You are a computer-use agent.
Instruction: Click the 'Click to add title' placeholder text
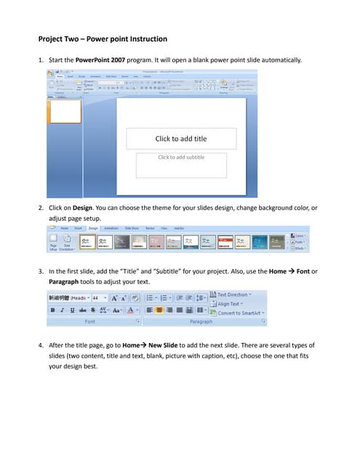pyautogui.click(x=181, y=139)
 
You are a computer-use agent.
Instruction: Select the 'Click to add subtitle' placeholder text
pyautogui.click(x=181, y=157)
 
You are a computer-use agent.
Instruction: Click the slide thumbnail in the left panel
pyautogui.click(x=65, y=111)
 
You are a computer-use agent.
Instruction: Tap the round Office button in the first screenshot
pyautogui.click(x=51, y=73)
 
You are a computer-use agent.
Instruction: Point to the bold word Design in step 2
pyautogui.click(x=82, y=209)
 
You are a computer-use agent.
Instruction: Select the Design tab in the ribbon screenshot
pyautogui.click(x=93, y=228)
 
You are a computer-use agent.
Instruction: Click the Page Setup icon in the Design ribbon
pyautogui.click(x=54, y=241)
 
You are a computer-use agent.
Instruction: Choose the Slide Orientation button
pyautogui.click(x=67, y=241)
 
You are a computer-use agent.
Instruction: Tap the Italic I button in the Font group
pyautogui.click(x=63, y=310)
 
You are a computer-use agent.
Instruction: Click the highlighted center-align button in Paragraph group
pyautogui.click(x=160, y=310)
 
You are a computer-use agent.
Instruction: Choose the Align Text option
pyautogui.click(x=228, y=304)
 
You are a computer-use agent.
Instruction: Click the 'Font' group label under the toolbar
pyautogui.click(x=90, y=320)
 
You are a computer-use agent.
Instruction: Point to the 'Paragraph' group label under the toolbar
pyautogui.click(x=201, y=320)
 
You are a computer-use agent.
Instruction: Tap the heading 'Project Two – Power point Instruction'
pyautogui.click(x=103, y=39)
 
